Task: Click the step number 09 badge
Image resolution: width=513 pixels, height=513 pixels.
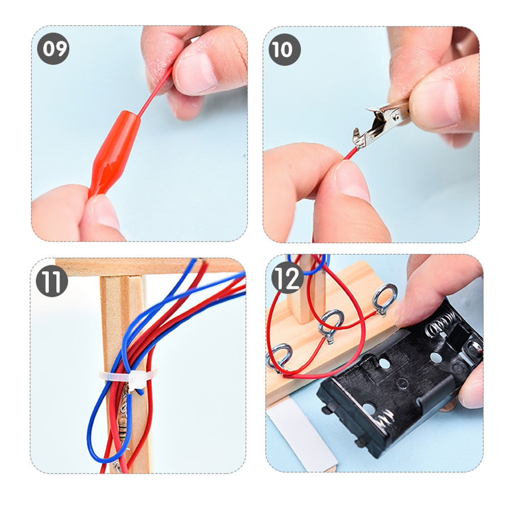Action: (x=53, y=48)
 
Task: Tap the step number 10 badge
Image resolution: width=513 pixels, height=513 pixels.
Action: (x=284, y=49)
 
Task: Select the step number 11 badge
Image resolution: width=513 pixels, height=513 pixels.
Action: (x=52, y=281)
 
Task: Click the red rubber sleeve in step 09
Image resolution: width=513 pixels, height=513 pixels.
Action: (x=114, y=153)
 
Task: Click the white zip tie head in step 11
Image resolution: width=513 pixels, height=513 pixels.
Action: (x=137, y=380)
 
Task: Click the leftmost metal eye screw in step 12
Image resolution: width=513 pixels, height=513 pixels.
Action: (x=279, y=357)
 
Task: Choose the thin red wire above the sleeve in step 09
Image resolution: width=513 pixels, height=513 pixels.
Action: (x=155, y=92)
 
